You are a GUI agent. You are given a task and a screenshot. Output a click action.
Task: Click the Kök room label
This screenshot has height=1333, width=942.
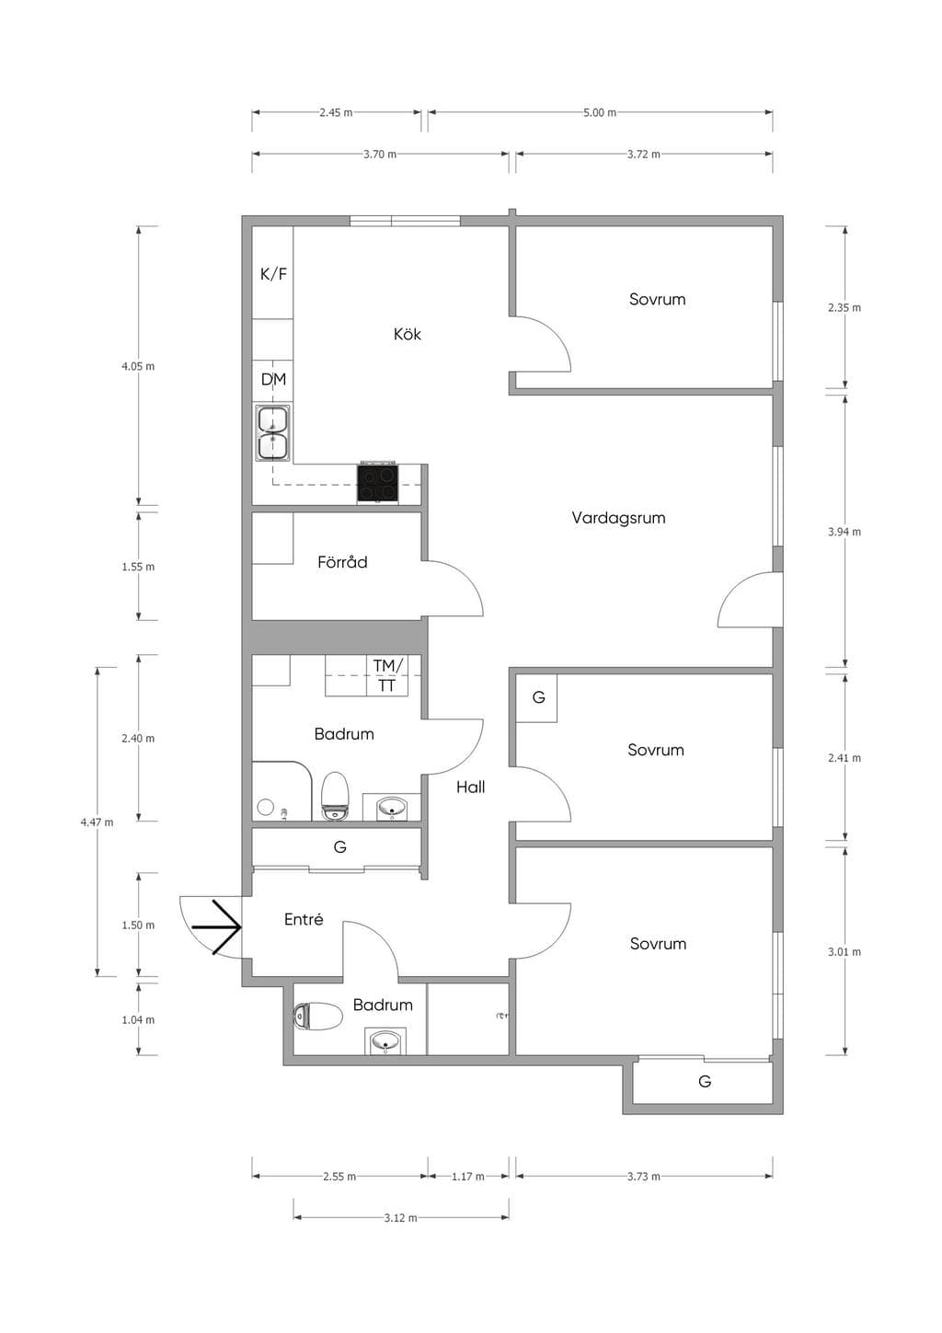click(407, 334)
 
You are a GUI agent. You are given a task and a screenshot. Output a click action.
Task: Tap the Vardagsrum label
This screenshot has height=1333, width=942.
click(618, 518)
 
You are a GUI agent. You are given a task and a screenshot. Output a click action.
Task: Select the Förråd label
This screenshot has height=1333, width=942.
click(342, 562)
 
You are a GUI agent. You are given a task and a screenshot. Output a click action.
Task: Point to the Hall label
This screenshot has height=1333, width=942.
click(471, 787)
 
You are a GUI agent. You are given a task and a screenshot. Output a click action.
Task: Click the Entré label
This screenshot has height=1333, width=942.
click(304, 919)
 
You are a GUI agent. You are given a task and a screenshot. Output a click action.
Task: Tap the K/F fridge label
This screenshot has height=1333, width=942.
click(274, 274)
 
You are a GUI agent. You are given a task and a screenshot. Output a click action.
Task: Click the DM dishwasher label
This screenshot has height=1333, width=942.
click(274, 379)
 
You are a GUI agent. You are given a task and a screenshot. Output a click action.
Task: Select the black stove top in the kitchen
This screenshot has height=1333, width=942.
click(378, 483)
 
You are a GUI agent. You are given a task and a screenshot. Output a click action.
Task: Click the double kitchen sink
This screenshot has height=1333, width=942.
click(273, 433)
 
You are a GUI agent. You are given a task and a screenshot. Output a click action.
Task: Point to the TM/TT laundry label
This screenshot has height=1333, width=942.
click(387, 675)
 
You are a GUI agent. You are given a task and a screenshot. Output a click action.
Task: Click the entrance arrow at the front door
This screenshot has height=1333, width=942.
click(216, 927)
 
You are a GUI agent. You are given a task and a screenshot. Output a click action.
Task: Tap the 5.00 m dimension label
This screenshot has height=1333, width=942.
click(599, 112)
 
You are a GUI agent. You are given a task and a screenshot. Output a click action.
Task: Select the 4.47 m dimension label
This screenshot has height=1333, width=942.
click(97, 822)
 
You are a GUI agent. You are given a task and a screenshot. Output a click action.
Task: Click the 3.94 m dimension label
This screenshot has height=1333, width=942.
click(844, 532)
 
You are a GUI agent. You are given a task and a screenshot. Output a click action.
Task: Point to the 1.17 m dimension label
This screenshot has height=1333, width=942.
click(467, 1177)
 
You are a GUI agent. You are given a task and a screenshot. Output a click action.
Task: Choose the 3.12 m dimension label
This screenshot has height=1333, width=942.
click(400, 1218)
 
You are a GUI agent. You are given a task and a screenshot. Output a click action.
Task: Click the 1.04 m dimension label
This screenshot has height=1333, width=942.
click(138, 1020)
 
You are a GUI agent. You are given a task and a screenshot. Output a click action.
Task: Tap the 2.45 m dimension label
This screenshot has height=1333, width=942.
click(336, 112)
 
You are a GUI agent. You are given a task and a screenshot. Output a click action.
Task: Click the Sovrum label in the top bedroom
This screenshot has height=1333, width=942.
click(657, 299)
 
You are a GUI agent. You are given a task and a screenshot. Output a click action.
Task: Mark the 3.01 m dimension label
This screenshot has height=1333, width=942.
click(844, 952)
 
